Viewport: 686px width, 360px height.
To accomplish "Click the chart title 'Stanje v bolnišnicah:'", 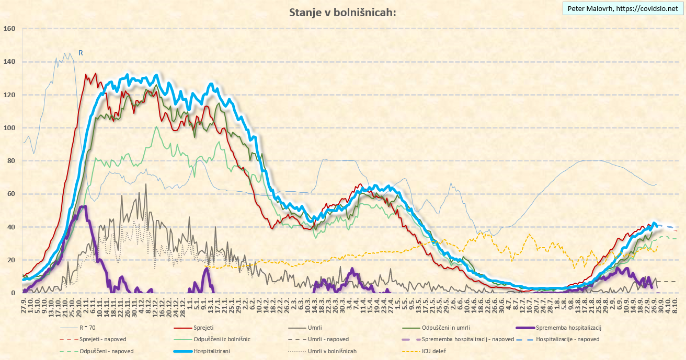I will (x=342, y=13).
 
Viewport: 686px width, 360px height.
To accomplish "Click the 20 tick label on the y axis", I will (x=11, y=260).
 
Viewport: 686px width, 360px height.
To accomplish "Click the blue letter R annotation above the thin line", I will (x=81, y=53).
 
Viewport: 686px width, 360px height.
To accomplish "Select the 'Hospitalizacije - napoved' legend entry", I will (x=568, y=340).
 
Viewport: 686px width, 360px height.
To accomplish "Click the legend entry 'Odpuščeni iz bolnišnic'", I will (x=222, y=340).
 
